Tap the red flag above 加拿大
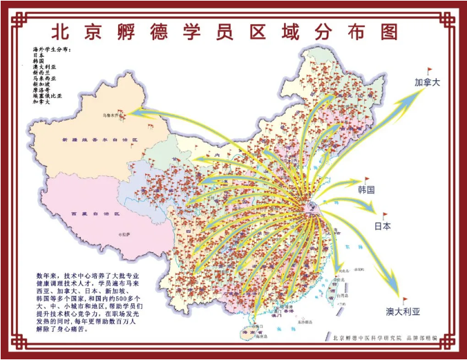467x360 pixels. pyautogui.click(x=429, y=70)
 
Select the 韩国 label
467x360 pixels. pyautogui.click(x=366, y=189)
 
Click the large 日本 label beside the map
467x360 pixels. pyautogui.click(x=383, y=225)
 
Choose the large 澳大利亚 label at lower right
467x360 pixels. pyautogui.click(x=403, y=312)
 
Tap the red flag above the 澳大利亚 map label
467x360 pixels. pyautogui.click(x=406, y=301)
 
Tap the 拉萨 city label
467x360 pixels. pyautogui.click(x=125, y=235)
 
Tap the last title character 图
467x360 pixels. pyautogui.click(x=389, y=32)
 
